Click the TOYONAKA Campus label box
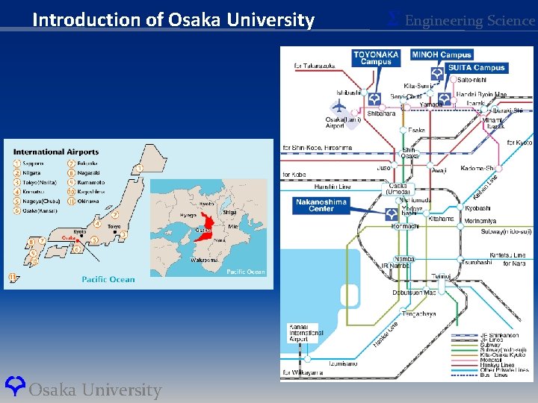coord(376,58)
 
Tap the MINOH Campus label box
coord(441,54)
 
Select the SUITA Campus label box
coord(476,68)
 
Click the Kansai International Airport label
coord(306,332)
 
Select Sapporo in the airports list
coord(32,163)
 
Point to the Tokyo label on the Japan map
coord(114,226)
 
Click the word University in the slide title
coord(270,20)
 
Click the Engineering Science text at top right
coord(469,20)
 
